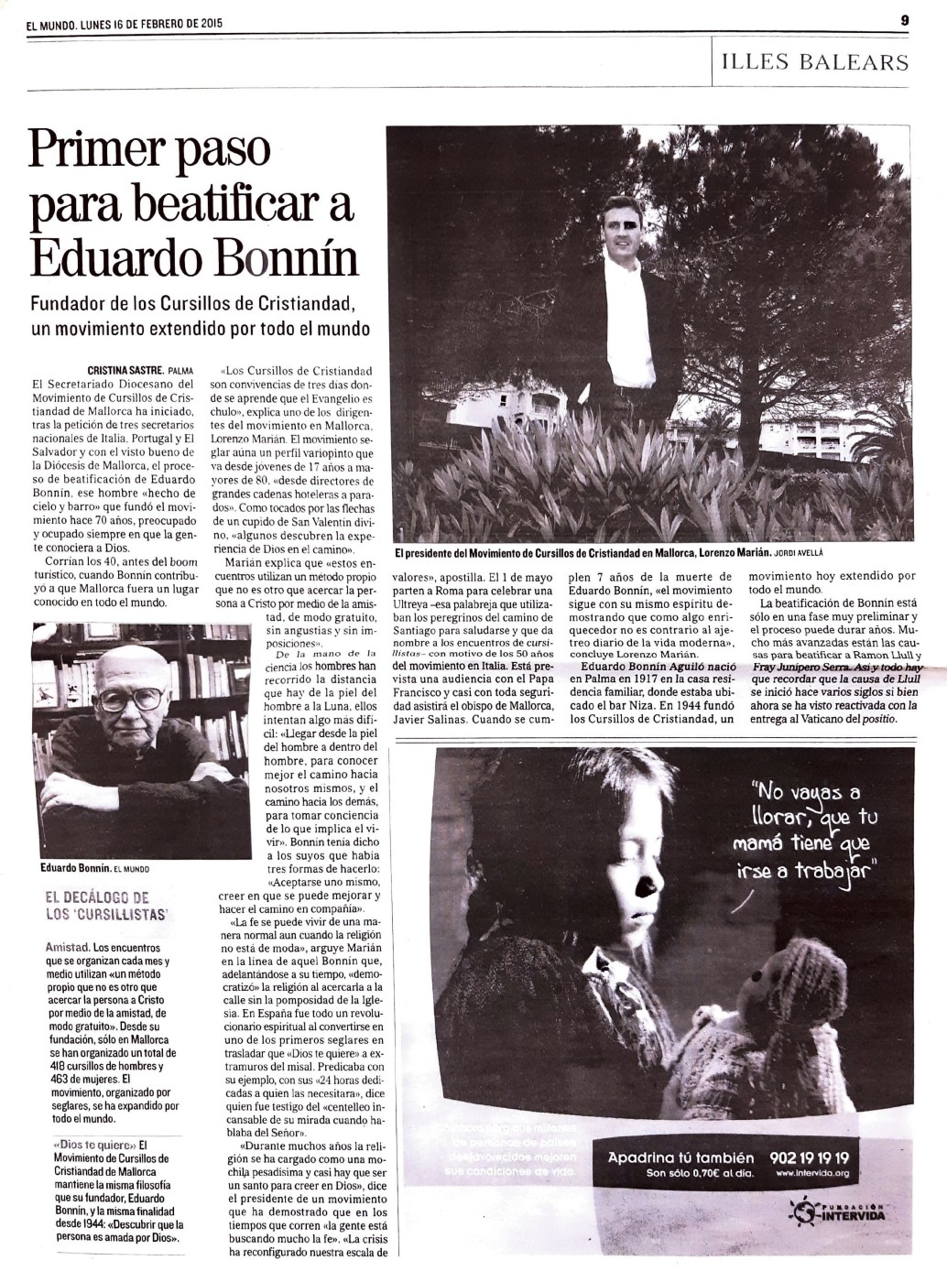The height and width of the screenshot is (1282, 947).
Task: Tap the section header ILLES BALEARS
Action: point(815,61)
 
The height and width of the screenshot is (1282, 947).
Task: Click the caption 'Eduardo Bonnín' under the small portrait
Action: point(76,867)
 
